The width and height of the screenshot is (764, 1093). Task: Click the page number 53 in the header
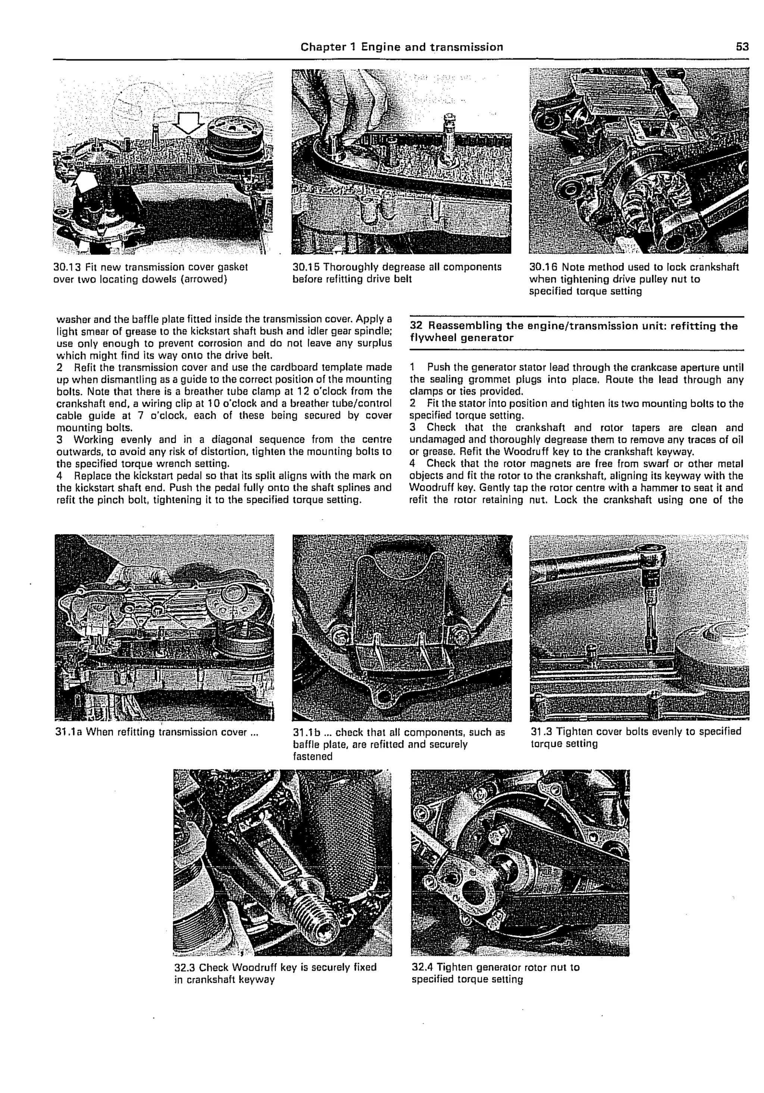click(x=742, y=47)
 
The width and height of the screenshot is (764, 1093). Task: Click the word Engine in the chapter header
click(x=380, y=47)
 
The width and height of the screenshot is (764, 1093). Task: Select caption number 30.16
click(x=544, y=267)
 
